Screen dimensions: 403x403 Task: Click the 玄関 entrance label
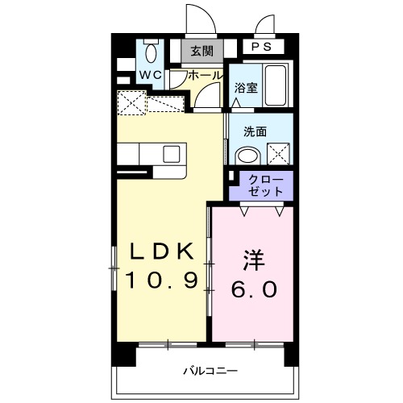pyautogui.click(x=202, y=52)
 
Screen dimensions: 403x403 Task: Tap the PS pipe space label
pyautogui.click(x=261, y=48)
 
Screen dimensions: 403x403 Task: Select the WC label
pyautogui.click(x=151, y=75)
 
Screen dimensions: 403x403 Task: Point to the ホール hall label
pyautogui.click(x=206, y=75)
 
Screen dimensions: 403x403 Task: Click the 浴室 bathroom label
pyautogui.click(x=246, y=89)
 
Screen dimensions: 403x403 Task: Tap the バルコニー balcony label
pyautogui.click(x=209, y=372)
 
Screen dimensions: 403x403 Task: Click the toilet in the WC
pyautogui.click(x=150, y=53)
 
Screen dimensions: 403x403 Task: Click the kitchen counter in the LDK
pyautogui.click(x=153, y=154)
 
